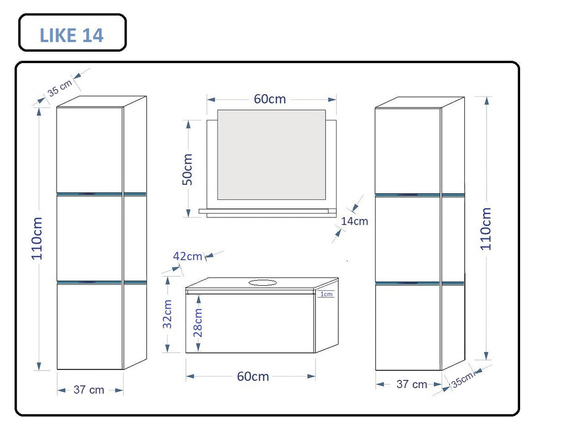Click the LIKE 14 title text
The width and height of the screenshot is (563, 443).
71,35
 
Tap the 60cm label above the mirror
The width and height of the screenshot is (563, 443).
270,99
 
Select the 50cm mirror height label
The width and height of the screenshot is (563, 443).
187,169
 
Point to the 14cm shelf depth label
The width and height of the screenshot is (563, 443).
354,221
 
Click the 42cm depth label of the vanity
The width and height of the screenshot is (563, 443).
187,256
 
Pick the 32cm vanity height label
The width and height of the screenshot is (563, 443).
167,314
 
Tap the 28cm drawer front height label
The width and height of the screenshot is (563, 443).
198,322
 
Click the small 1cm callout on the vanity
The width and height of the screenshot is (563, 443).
326,294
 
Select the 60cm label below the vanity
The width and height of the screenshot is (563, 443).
253,376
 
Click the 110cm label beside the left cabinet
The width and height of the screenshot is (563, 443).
37,238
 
